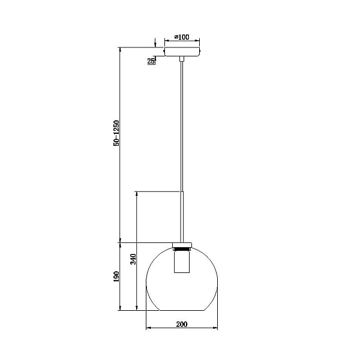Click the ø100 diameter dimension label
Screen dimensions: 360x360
pos(182,37)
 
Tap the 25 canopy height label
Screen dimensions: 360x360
pos(151,61)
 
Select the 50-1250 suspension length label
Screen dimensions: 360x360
pos(116,133)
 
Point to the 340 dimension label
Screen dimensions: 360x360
pos(133,259)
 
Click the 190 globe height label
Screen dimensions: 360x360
pos(116,277)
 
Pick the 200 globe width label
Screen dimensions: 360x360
pos(182,324)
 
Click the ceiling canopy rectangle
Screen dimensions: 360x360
pos(182,52)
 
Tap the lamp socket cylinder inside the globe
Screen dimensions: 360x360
pos(182,262)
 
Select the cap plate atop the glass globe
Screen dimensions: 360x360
pos(182,245)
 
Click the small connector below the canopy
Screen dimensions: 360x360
pos(182,59)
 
